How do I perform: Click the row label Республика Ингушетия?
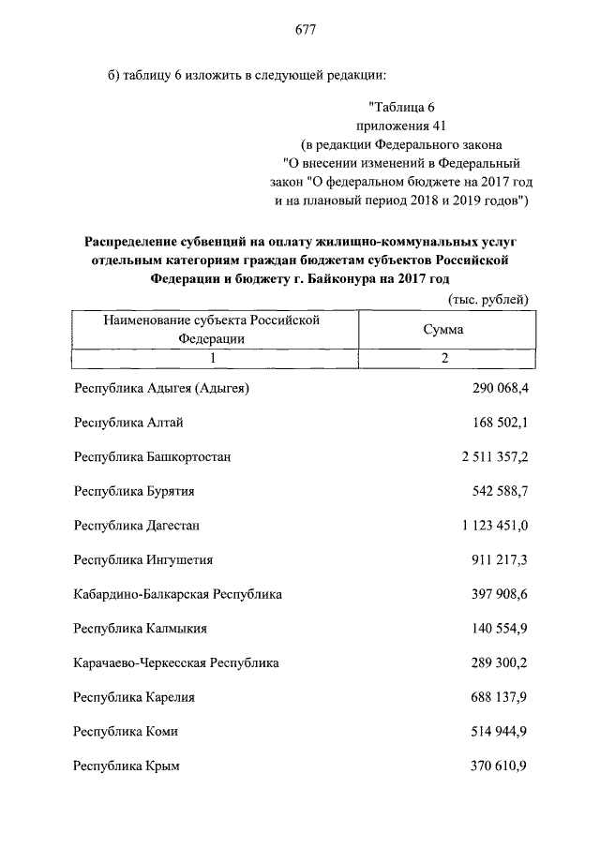pyautogui.click(x=142, y=559)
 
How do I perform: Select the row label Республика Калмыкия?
pyautogui.click(x=140, y=629)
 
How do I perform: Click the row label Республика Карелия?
pyautogui.click(x=134, y=697)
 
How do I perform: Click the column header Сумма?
pyautogui.click(x=443, y=330)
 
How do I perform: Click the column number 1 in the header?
pyautogui.click(x=213, y=358)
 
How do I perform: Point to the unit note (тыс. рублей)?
pyautogui.click(x=484, y=300)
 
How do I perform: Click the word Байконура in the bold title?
pyautogui.click(x=326, y=278)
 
